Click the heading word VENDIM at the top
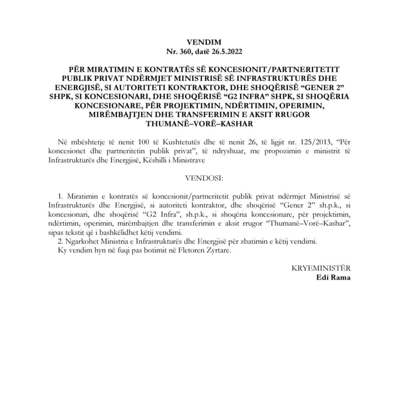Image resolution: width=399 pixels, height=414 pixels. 199,42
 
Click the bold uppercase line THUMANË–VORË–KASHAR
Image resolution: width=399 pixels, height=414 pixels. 199,124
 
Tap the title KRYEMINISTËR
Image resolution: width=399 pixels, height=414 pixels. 321,268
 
